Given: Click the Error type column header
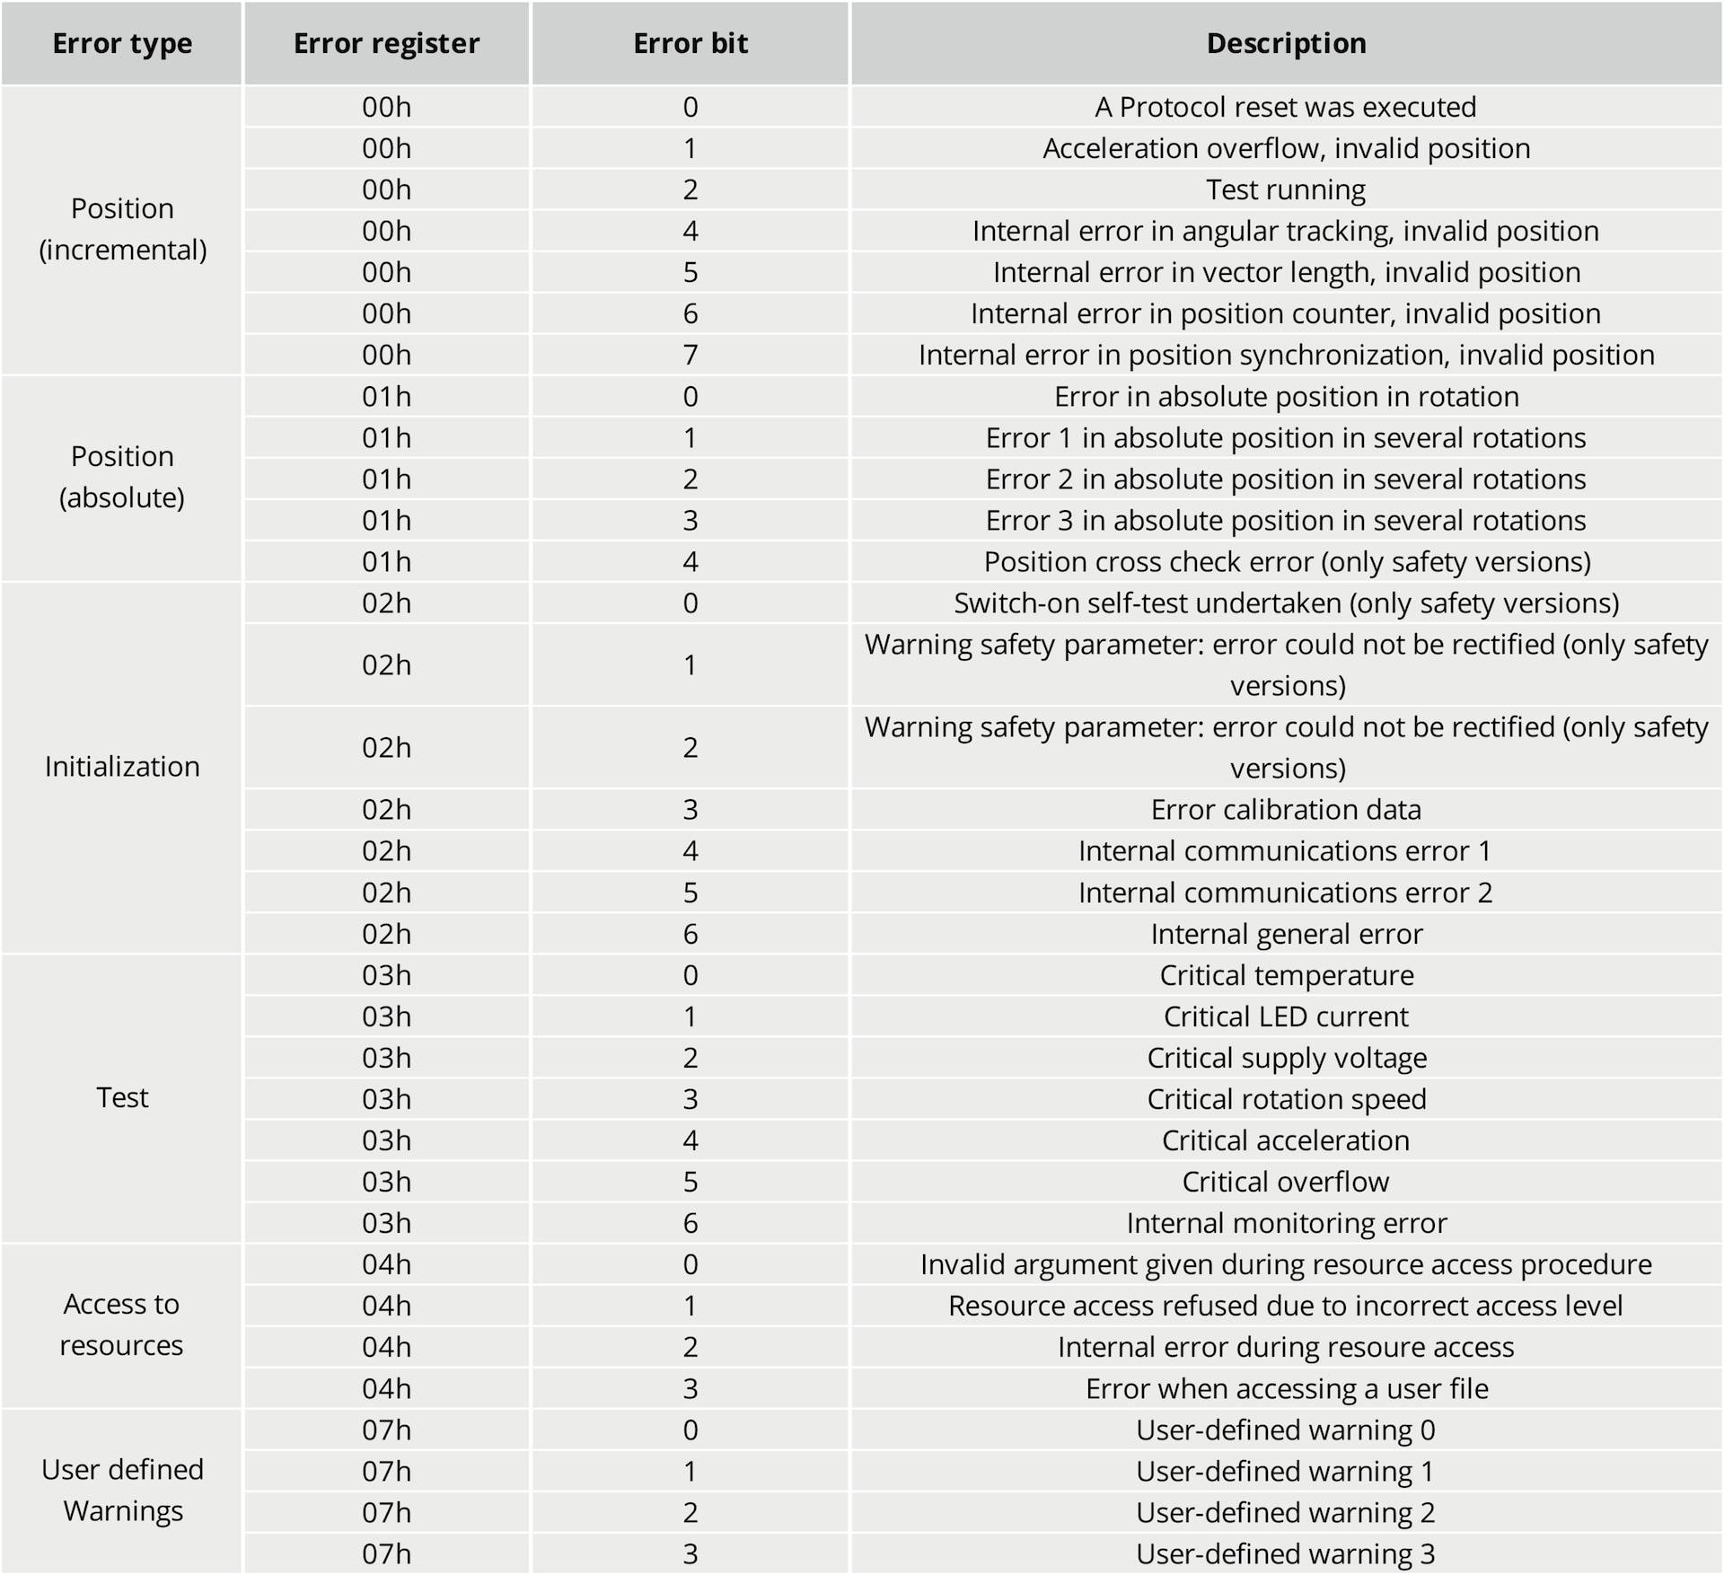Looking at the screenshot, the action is pos(122,43).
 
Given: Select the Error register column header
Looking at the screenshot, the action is pos(387,43).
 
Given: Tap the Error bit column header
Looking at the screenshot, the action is pos(690,43).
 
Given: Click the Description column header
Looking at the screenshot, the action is pos(1287,43).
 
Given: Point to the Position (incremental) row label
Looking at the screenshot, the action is pos(122,229).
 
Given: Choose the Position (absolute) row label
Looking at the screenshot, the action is pos(122,477).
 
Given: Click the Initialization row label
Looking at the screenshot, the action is pos(122,766).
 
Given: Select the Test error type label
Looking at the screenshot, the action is pos(122,1097).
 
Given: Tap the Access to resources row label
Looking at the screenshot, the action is pos(122,1324).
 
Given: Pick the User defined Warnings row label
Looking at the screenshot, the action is pos(122,1490).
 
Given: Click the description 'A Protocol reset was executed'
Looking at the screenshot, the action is pos(1286,107).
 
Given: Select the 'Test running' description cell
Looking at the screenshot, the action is pos(1286,189).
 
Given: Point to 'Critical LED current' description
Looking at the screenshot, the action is pos(1286,1016).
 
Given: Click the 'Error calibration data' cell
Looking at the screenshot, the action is pos(1286,810).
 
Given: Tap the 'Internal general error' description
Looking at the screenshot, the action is pos(1287,934).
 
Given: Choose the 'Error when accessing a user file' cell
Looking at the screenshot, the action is pos(1287,1388).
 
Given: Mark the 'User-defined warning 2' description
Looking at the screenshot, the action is pos(1286,1512).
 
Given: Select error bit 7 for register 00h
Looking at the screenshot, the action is pos(690,355).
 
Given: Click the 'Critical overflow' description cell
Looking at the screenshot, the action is pos(1286,1182).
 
